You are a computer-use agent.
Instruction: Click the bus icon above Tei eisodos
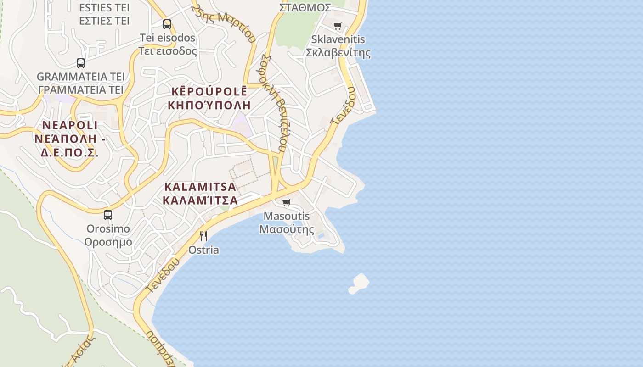click(x=167, y=24)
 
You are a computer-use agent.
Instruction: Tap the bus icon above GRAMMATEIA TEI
click(x=81, y=63)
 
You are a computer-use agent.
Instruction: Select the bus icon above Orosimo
click(x=108, y=215)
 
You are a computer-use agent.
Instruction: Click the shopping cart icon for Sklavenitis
click(x=338, y=26)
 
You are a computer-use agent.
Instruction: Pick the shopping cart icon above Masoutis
click(x=287, y=202)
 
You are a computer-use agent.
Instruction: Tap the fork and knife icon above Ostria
click(x=203, y=236)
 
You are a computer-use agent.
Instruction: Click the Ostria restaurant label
click(x=203, y=250)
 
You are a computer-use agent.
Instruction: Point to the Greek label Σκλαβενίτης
click(x=338, y=53)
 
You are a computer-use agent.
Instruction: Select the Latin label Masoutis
click(x=287, y=216)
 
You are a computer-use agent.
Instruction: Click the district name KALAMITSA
click(x=200, y=187)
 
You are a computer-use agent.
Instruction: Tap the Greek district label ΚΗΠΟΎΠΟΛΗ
click(x=209, y=105)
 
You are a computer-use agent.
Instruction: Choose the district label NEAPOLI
click(x=70, y=125)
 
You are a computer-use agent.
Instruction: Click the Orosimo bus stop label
click(x=108, y=228)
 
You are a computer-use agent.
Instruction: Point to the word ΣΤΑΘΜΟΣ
click(x=305, y=8)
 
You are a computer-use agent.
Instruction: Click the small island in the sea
click(x=359, y=284)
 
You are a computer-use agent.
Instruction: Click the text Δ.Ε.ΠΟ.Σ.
click(x=69, y=153)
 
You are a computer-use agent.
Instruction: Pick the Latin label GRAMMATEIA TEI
click(x=81, y=76)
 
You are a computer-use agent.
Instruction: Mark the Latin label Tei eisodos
click(x=168, y=38)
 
